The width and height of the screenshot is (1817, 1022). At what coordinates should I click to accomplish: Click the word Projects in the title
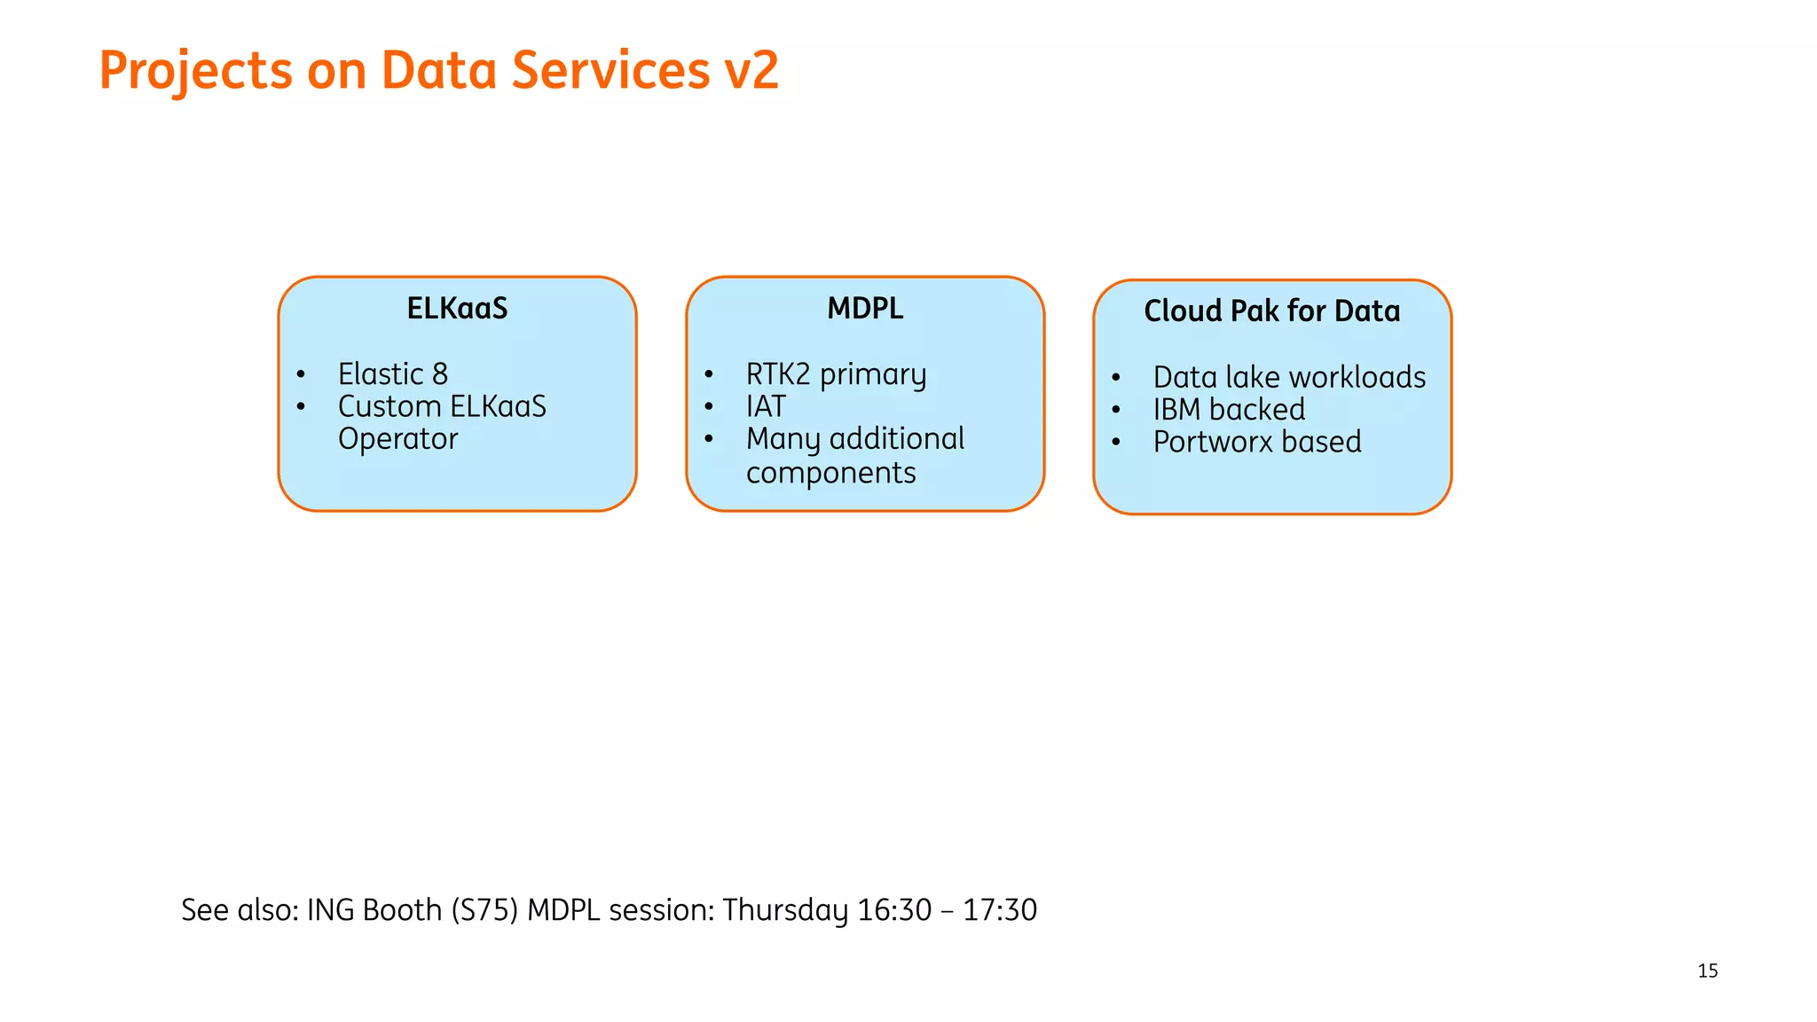click(195, 71)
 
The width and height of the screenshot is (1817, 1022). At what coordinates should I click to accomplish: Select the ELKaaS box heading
click(457, 309)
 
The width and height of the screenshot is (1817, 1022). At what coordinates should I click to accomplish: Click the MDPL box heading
click(865, 309)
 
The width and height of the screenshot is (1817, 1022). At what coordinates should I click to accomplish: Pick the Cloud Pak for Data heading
click(1271, 311)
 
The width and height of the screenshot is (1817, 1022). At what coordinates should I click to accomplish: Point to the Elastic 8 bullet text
click(392, 374)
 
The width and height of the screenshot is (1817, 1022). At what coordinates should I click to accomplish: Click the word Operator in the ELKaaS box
click(397, 439)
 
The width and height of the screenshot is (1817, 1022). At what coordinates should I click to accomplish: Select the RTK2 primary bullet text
click(836, 374)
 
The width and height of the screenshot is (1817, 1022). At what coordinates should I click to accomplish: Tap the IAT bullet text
click(766, 407)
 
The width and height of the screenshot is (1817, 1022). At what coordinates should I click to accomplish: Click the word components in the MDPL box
click(830, 474)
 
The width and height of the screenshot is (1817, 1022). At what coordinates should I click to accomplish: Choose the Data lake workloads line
click(1288, 378)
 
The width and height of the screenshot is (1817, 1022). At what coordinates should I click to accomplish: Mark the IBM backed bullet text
click(1229, 410)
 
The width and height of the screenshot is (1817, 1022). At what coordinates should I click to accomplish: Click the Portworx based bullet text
click(1256, 442)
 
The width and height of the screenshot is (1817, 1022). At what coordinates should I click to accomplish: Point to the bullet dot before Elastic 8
click(302, 374)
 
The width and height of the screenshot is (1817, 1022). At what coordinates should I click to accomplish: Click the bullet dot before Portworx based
click(1116, 442)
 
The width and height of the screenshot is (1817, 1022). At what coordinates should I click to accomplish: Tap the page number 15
click(1707, 971)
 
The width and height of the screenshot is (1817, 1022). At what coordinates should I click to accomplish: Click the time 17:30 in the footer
click(1000, 910)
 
